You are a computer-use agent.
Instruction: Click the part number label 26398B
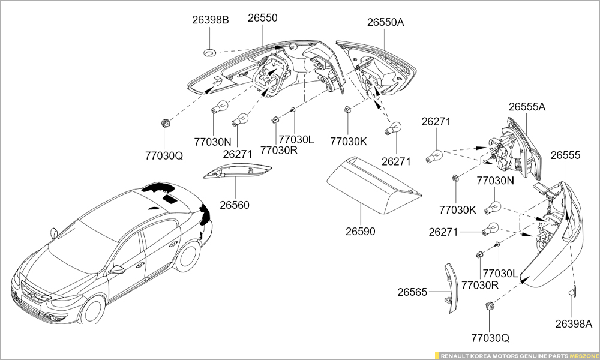211,20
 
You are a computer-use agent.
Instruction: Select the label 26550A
386,23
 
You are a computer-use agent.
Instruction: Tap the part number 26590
360,231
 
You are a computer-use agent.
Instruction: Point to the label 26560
234,205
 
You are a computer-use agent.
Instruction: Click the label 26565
412,292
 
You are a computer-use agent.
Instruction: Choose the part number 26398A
573,324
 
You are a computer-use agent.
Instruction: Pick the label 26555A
527,107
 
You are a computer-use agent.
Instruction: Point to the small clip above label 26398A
572,292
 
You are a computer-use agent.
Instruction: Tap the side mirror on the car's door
116,269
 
